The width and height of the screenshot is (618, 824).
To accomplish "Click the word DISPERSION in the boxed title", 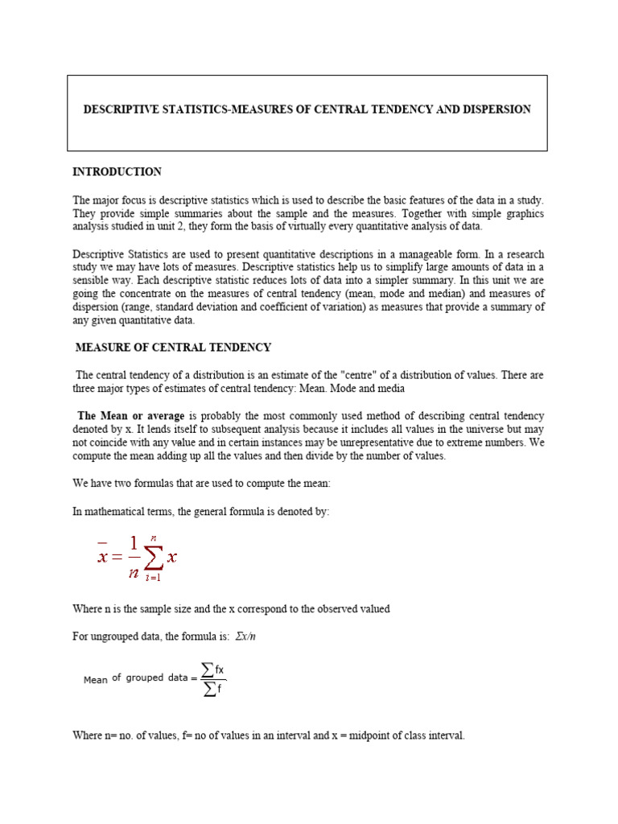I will point(496,109).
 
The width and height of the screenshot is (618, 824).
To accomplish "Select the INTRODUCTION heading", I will point(117,172).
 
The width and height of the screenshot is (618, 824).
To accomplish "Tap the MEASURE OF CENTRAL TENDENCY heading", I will point(173,348).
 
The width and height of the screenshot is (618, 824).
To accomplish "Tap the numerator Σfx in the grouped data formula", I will point(212,669).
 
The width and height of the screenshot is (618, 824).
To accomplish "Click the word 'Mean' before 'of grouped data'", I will point(95,680).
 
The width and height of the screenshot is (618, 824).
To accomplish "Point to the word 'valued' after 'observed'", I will point(374,609).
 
